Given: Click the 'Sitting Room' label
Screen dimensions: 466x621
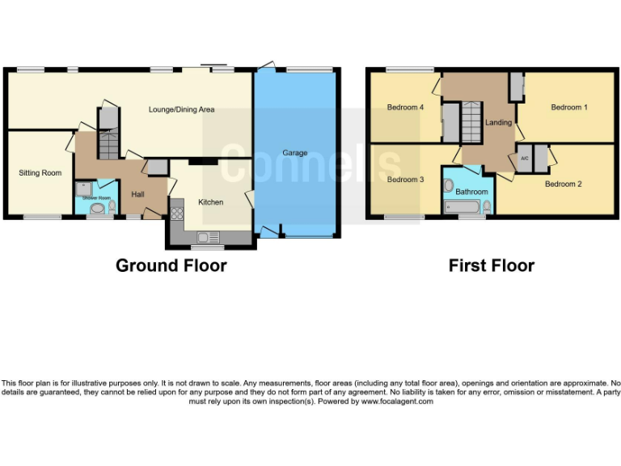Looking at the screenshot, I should (x=40, y=172).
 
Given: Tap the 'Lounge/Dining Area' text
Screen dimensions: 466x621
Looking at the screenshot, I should (x=181, y=109).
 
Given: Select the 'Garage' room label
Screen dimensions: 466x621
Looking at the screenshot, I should (x=294, y=152).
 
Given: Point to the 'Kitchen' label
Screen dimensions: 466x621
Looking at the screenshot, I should (x=211, y=201).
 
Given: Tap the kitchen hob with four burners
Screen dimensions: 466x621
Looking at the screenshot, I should (x=176, y=214).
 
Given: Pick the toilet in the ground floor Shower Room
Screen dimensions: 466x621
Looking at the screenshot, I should (x=112, y=207).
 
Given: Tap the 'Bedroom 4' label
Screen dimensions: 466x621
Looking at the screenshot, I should (x=405, y=107).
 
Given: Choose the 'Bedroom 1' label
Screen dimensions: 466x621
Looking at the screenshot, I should (x=569, y=107).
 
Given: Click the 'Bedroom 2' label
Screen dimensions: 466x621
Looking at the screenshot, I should (x=563, y=184).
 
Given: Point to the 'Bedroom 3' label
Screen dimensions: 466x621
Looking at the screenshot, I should (x=405, y=179).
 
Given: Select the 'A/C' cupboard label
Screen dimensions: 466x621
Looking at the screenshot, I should (x=524, y=158).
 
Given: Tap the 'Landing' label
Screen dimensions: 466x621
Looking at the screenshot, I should (x=498, y=122).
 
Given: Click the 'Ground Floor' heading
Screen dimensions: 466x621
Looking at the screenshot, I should (x=171, y=265).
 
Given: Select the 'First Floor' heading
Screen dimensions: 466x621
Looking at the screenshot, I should (x=491, y=265).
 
